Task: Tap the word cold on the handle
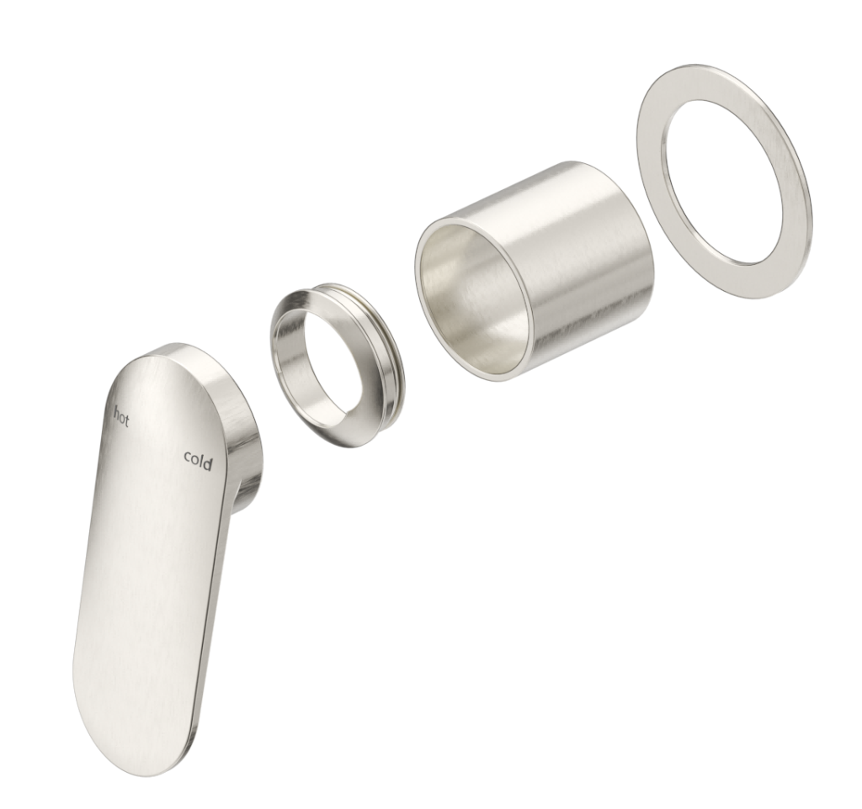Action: click(x=199, y=459)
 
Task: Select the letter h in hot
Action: click(x=116, y=412)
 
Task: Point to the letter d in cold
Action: click(x=209, y=463)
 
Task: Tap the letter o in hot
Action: click(x=121, y=416)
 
